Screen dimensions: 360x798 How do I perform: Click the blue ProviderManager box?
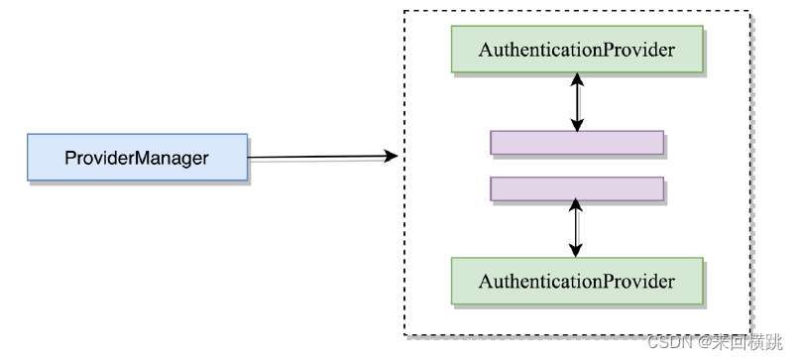[x=137, y=158]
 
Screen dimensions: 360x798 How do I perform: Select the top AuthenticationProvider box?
[x=576, y=50]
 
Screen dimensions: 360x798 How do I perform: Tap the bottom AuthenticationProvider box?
[x=576, y=282]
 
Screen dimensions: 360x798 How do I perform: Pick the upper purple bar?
[x=576, y=143]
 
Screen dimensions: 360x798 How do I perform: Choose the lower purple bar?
[x=576, y=189]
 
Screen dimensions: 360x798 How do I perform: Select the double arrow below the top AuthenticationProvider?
[x=576, y=102]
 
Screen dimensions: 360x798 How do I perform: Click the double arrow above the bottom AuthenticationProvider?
[x=576, y=229]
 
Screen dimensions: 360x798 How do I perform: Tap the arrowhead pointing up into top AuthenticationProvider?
[x=576, y=81]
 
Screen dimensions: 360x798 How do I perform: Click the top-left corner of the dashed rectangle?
[x=404, y=11]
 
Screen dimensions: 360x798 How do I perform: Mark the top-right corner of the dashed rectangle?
[x=751, y=11]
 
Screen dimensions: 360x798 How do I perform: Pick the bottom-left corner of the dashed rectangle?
[x=404, y=335]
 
